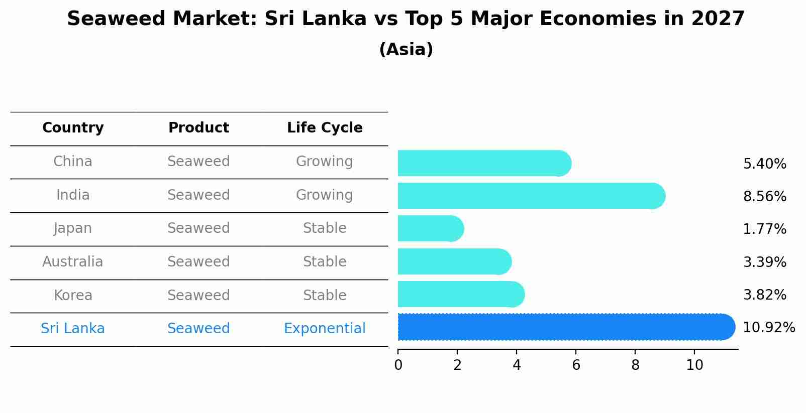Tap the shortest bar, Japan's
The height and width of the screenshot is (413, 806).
(430, 229)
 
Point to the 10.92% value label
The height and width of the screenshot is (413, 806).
(768, 328)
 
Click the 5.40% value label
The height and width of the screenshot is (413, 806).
(764, 164)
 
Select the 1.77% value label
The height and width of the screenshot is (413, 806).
(764, 229)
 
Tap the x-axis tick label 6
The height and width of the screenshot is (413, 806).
(576, 365)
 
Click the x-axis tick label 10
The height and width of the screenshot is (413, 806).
(694, 365)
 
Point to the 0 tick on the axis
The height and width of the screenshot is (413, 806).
(398, 365)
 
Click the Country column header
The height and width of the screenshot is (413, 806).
(73, 128)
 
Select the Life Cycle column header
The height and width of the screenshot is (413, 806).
(325, 128)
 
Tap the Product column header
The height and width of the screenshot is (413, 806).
(198, 128)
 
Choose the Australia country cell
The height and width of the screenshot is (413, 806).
(73, 262)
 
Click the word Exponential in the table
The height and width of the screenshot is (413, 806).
(325, 329)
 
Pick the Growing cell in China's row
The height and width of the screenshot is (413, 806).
(325, 162)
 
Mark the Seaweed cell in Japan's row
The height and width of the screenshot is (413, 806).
(198, 228)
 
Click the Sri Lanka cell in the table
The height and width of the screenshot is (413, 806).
(73, 329)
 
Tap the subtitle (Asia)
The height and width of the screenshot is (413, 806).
(406, 50)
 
